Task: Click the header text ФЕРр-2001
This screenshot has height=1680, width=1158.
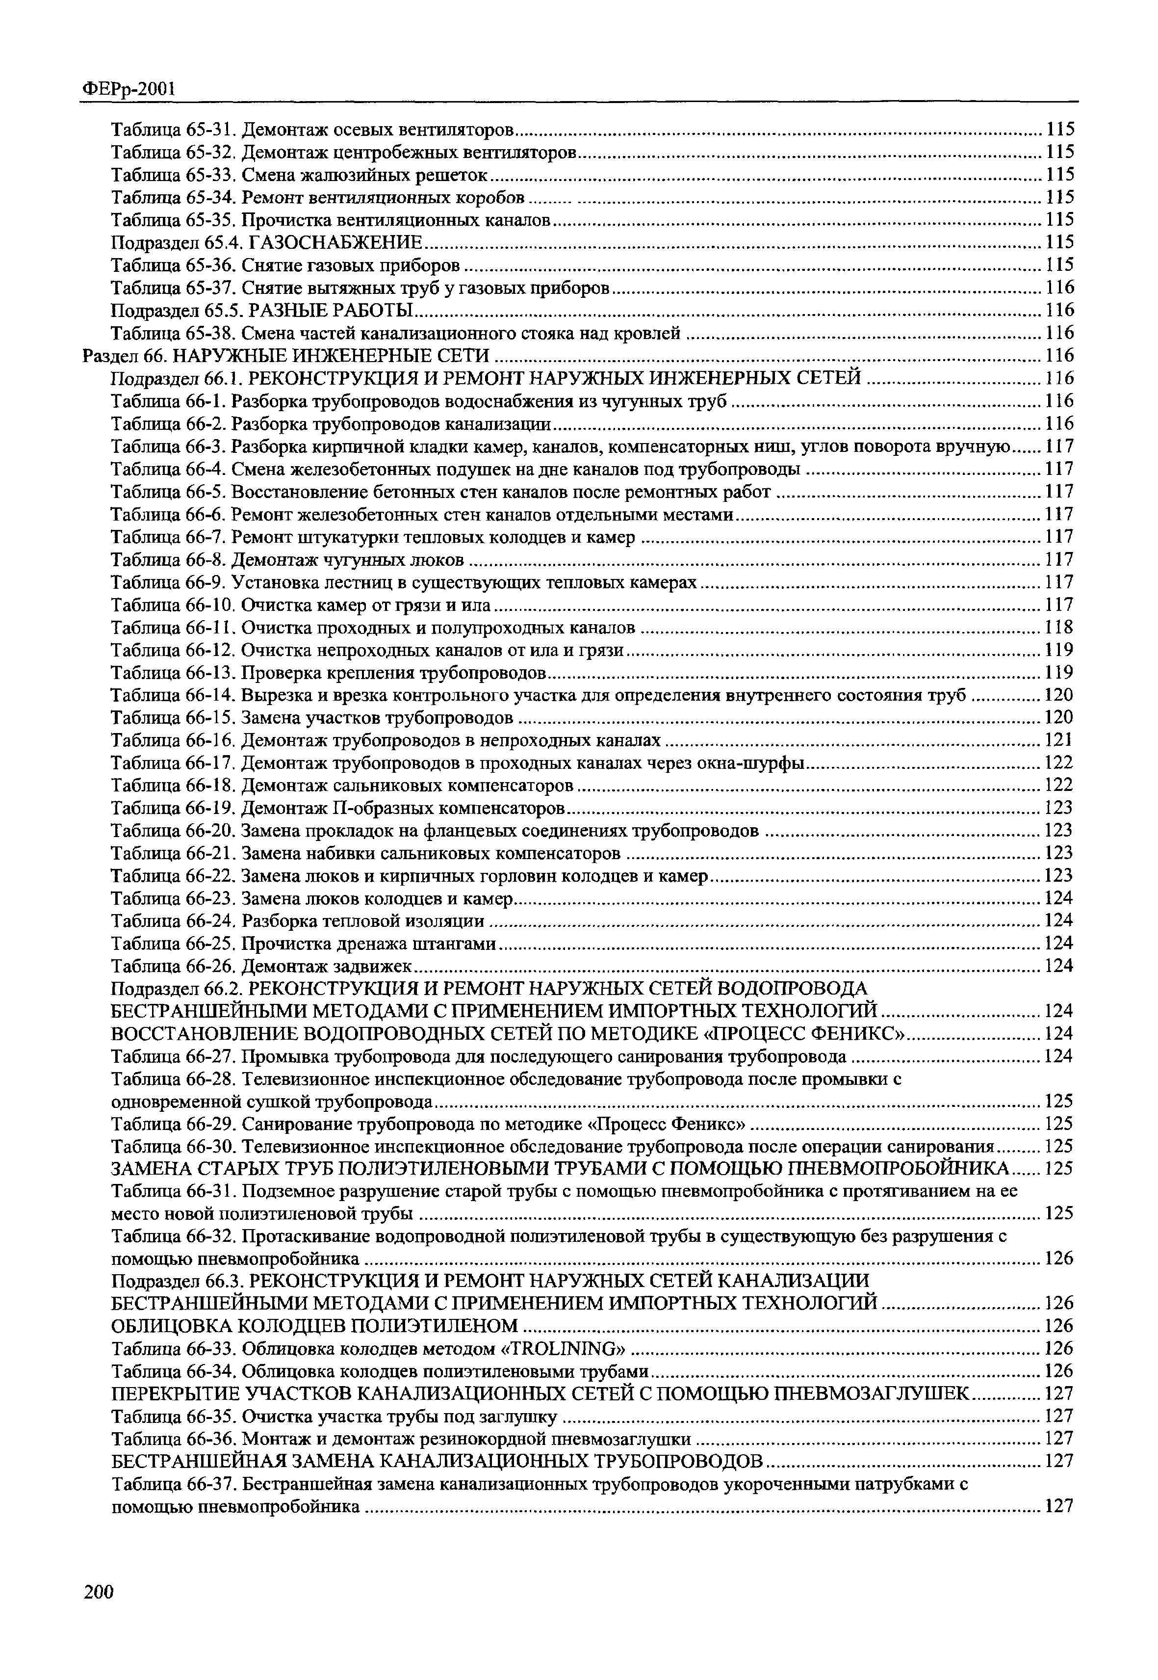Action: [x=128, y=89]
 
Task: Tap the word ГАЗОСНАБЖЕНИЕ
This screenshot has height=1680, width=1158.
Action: [x=335, y=242]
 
